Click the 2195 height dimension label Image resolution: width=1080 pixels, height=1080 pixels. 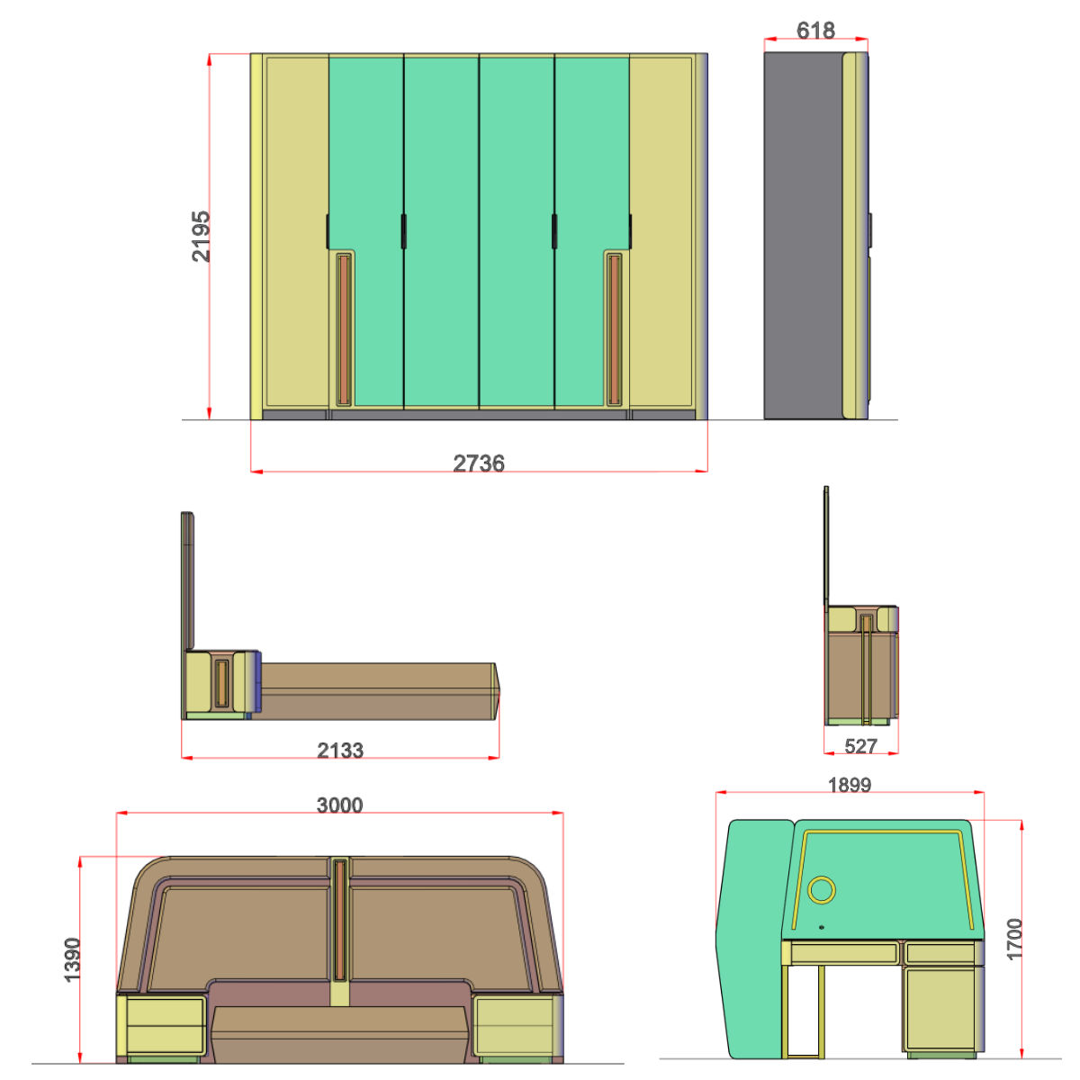201,236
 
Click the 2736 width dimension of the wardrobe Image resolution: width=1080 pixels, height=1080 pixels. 479,463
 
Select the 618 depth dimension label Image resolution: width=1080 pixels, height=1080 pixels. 815,31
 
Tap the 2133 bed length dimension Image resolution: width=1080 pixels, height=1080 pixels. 340,750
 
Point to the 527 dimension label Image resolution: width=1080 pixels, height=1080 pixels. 861,746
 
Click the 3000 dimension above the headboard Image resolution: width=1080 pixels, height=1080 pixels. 339,805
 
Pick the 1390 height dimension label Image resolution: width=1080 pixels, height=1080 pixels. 73,959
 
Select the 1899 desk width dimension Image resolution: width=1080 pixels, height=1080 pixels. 850,785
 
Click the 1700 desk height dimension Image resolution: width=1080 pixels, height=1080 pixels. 1015,939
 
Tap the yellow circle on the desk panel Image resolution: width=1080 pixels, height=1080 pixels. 821,890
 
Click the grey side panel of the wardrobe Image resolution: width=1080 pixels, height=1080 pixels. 802,236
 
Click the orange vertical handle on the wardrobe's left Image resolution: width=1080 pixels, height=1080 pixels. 343,329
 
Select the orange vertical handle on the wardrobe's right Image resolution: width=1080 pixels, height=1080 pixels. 615,329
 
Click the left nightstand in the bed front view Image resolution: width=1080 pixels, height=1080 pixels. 164,1026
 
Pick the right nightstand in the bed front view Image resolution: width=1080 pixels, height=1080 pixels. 515,1026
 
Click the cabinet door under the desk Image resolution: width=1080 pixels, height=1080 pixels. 940,1008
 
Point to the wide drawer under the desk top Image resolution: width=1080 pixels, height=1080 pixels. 844,952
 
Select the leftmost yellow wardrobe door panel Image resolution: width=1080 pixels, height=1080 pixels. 296,234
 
